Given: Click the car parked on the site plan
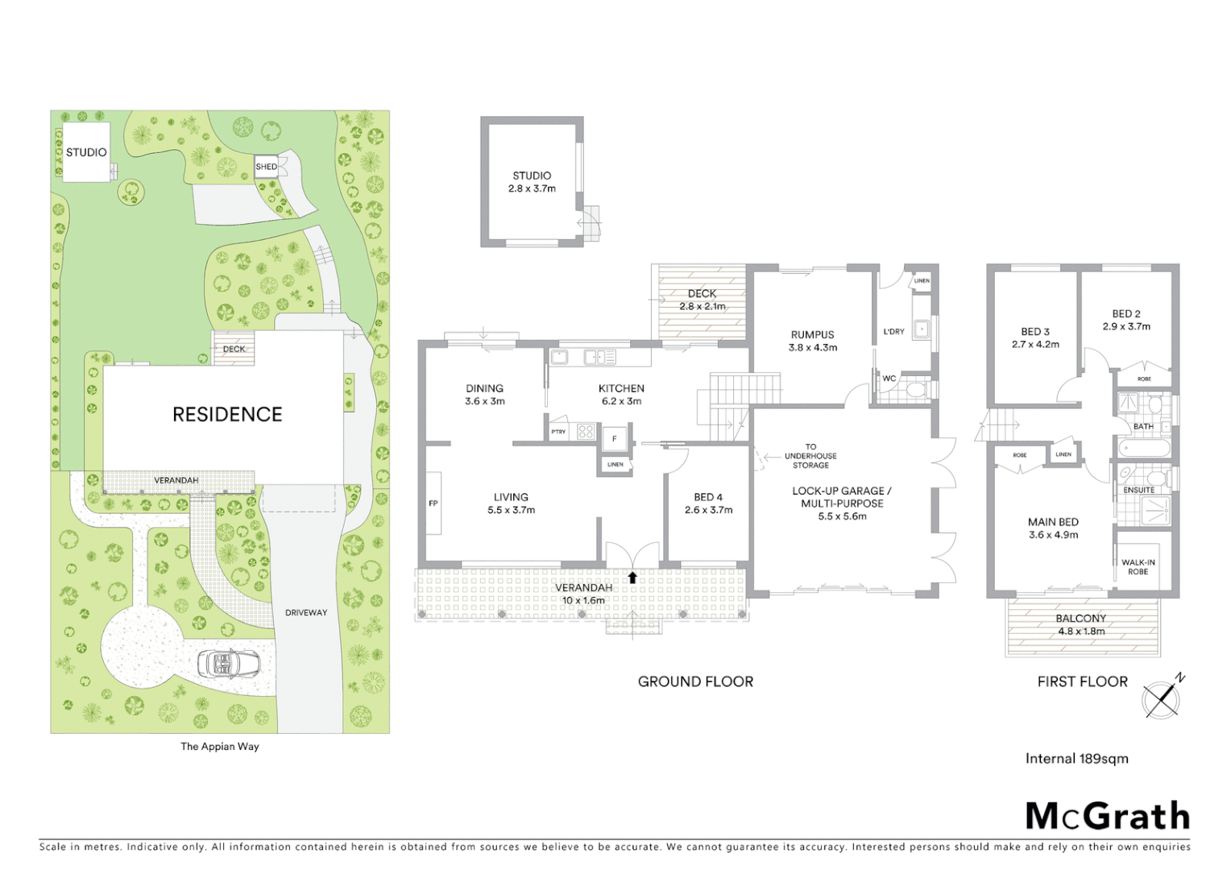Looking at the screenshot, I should (x=229, y=664).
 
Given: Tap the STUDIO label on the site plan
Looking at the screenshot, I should (x=86, y=152).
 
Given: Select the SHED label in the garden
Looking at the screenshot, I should (x=266, y=167).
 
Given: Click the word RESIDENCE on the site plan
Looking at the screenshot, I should (x=227, y=415).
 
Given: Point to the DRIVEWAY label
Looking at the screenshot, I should (x=306, y=613).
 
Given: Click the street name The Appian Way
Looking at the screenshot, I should (x=220, y=747).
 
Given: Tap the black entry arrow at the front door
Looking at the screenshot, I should (x=632, y=577).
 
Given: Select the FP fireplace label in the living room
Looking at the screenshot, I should (x=433, y=503).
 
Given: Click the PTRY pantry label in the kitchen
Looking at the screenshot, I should (x=558, y=432).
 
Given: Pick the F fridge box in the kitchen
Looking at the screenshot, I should (x=615, y=439).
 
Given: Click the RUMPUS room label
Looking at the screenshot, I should (x=812, y=334).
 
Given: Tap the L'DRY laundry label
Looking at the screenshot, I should (x=893, y=331).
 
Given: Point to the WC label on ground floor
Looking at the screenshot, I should (x=889, y=379).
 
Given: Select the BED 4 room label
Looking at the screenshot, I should (x=708, y=497).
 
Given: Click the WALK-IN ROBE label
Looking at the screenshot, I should (x=1138, y=567).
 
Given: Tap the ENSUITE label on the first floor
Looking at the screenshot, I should (x=1138, y=490).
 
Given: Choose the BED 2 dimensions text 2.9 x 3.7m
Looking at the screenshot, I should (x=1126, y=327).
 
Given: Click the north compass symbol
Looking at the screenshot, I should (x=1163, y=697).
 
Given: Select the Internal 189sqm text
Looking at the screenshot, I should (x=1076, y=759).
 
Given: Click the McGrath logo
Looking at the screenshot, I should (x=1107, y=816).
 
